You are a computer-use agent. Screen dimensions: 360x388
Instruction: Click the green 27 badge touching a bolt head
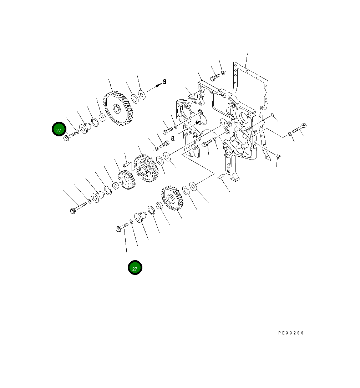(59, 129)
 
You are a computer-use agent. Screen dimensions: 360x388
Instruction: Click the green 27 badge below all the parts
(135, 267)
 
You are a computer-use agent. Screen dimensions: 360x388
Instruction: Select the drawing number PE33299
(291, 333)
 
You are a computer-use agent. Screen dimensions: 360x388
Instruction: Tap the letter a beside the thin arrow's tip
(164, 81)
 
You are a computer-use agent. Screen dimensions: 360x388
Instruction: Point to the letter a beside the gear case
(172, 138)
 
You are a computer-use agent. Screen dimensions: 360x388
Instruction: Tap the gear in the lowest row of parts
(173, 198)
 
